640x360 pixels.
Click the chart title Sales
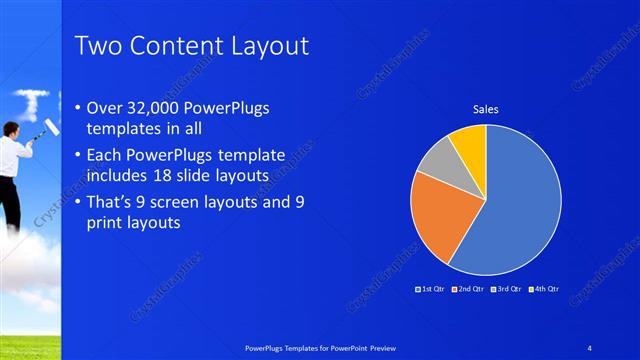click(x=485, y=109)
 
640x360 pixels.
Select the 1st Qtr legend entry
click(x=430, y=288)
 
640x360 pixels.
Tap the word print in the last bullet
click(x=111, y=224)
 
